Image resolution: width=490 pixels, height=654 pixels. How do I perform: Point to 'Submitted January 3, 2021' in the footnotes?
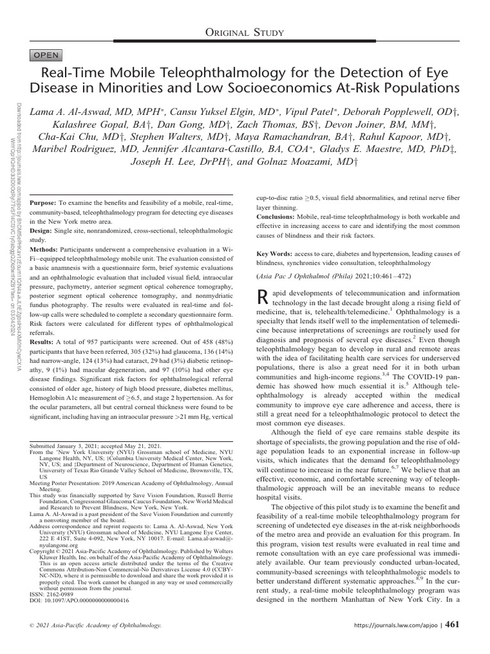(x=70, y=445)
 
